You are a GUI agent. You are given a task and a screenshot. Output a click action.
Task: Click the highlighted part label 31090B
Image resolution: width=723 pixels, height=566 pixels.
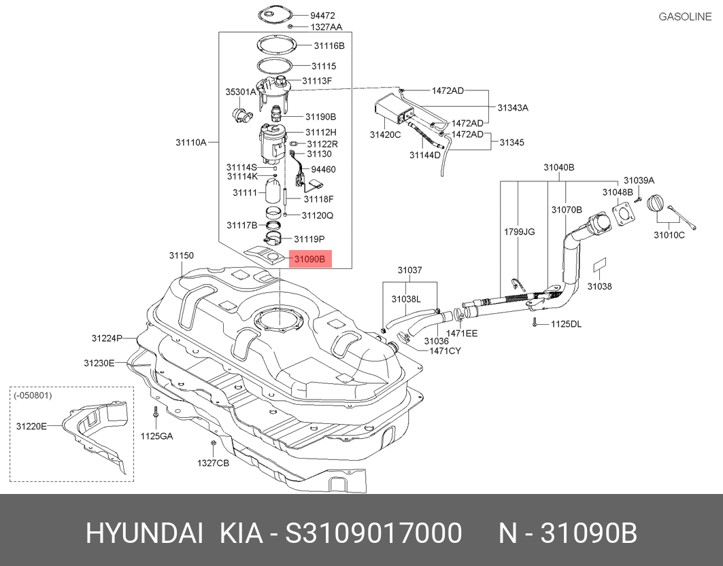pyautogui.click(x=310, y=259)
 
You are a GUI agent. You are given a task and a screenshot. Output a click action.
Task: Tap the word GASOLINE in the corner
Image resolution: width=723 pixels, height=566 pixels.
pyautogui.click(x=685, y=16)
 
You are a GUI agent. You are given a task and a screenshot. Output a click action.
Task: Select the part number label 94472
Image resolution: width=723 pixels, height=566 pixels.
pyautogui.click(x=322, y=15)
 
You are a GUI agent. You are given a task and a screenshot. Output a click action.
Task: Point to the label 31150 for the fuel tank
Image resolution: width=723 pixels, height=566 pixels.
pyautogui.click(x=182, y=256)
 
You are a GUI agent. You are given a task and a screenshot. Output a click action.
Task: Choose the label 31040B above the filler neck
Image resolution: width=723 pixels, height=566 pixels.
pyautogui.click(x=558, y=167)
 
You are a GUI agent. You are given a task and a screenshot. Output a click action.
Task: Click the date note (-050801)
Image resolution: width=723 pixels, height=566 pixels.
pyautogui.click(x=33, y=395)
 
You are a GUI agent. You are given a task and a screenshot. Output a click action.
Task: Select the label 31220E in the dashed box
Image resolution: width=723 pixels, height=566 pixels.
pyautogui.click(x=31, y=426)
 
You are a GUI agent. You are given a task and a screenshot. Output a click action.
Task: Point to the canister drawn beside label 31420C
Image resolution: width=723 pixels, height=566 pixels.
pyautogui.click(x=389, y=109)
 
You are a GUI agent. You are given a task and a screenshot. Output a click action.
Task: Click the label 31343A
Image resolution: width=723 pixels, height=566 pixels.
pyautogui.click(x=512, y=108)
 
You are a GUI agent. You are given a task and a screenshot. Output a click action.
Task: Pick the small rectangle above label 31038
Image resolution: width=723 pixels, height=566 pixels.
pyautogui.click(x=600, y=266)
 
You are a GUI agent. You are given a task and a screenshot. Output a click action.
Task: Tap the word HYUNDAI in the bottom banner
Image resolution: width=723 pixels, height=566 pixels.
pyautogui.click(x=144, y=533)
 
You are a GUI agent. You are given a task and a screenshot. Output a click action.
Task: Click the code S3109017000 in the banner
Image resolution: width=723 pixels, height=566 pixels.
pyautogui.click(x=373, y=533)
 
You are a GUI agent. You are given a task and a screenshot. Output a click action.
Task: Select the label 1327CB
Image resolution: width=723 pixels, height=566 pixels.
pyautogui.click(x=214, y=463)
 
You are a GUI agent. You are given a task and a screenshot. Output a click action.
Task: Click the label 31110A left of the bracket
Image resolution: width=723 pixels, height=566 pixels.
pyautogui.click(x=191, y=143)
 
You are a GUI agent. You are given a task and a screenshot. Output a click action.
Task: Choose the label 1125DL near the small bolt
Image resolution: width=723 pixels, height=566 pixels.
pyautogui.click(x=566, y=324)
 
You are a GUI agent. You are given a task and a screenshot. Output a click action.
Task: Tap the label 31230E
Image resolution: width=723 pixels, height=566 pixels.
pyautogui.click(x=99, y=363)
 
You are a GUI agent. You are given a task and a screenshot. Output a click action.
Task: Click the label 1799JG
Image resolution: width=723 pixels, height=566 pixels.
pyautogui.click(x=519, y=232)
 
